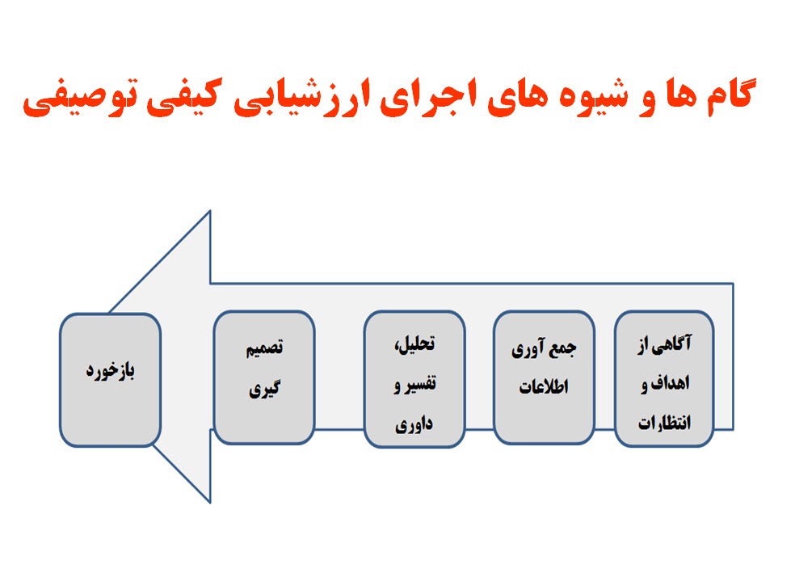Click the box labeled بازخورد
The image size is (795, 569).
(110, 379)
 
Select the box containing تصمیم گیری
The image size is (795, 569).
(264, 379)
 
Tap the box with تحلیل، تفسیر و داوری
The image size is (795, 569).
(415, 380)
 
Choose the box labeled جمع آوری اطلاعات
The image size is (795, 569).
(544, 379)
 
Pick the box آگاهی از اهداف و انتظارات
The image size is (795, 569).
(664, 379)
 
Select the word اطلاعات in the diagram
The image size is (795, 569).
(544, 387)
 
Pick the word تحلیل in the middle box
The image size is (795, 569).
(419, 343)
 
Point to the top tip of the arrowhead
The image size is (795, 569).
(210, 212)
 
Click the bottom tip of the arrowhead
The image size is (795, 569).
(210, 502)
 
